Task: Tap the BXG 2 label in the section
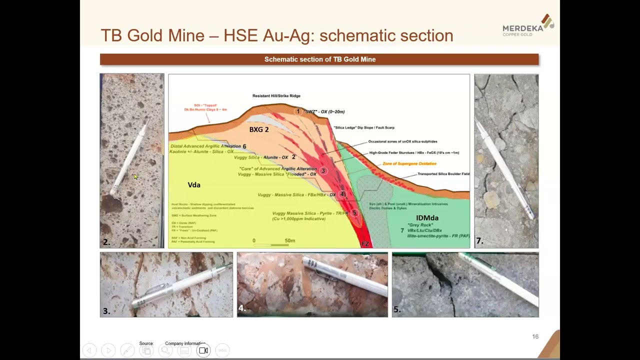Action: [259, 129]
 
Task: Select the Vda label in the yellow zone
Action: [194, 185]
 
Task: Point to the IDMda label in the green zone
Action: [427, 218]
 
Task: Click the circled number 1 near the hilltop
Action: [298, 111]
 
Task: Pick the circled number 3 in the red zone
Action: [323, 171]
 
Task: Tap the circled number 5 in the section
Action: [354, 213]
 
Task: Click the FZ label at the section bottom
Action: [365, 244]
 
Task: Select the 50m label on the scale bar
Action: [290, 240]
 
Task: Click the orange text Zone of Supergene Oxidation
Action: [409, 163]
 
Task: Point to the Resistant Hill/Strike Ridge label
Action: [276, 96]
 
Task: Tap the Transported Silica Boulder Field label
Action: [443, 174]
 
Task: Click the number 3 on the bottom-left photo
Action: [106, 311]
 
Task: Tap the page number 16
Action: [535, 336]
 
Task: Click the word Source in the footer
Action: [146, 343]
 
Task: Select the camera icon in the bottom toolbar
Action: [203, 350]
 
